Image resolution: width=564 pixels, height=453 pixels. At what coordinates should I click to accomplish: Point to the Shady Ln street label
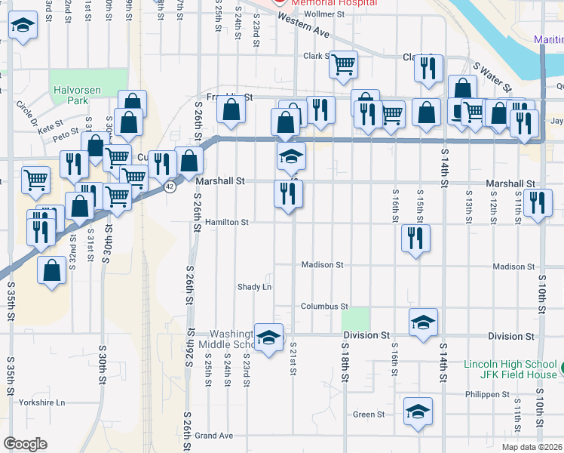(x=254, y=287)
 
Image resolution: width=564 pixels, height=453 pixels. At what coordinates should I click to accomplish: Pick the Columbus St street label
(x=324, y=307)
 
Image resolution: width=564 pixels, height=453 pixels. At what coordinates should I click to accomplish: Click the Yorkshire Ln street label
(x=42, y=402)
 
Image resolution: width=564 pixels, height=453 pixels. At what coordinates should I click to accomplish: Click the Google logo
(x=26, y=444)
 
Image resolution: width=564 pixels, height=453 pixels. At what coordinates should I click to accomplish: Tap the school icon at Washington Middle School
(x=268, y=338)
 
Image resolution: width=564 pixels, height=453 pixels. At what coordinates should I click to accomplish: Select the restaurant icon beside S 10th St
(x=537, y=203)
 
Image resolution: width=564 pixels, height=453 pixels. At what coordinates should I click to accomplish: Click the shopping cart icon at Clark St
(x=343, y=65)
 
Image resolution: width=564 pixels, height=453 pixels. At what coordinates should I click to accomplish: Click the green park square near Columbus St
(x=360, y=319)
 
